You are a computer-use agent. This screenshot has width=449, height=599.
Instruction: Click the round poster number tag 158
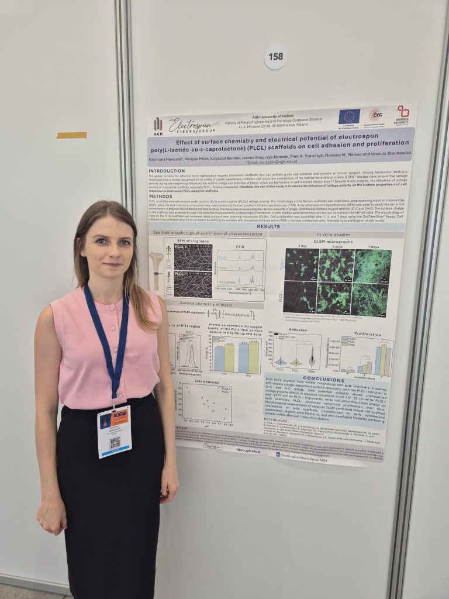click(275, 57)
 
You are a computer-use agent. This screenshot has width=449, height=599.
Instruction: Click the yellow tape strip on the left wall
click(71, 135)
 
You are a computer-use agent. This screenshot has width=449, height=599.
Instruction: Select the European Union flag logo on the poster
click(349, 116)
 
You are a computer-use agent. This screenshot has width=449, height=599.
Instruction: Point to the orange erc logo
click(375, 115)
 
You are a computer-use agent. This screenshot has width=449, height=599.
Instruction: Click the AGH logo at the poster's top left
click(158, 126)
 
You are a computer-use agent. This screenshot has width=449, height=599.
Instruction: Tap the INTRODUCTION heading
click(167, 171)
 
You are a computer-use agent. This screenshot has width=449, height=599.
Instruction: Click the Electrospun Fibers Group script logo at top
click(194, 126)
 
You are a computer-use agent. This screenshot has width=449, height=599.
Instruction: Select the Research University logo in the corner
click(403, 115)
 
